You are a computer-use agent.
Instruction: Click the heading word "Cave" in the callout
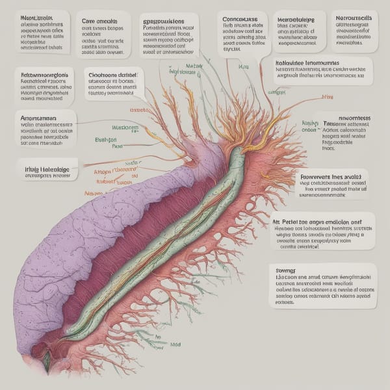(x=91, y=21)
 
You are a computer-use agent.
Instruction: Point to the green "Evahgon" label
(x=105, y=139)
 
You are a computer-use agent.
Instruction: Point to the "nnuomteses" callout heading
(x=350, y=118)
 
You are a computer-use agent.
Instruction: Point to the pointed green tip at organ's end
(x=47, y=365)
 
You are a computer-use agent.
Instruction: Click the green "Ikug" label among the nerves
(x=244, y=67)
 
